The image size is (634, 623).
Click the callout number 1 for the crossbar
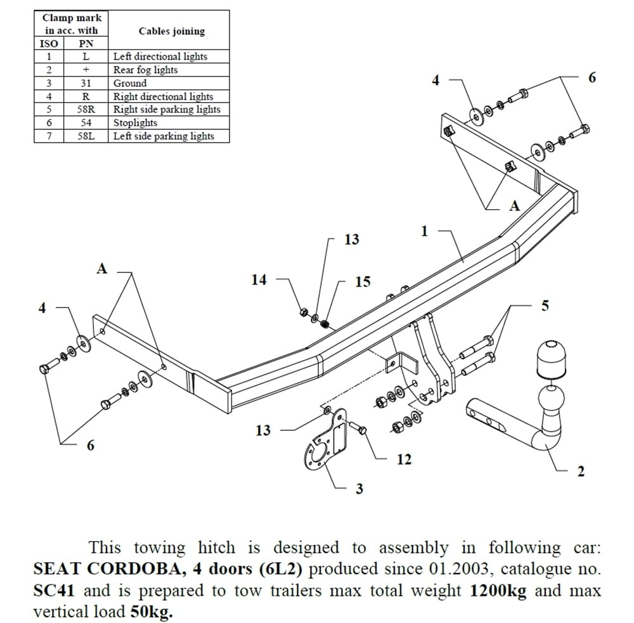(x=424, y=232)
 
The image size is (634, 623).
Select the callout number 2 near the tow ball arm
(x=580, y=472)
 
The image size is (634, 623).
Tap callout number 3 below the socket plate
(x=359, y=489)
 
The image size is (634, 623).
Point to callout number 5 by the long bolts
(x=545, y=305)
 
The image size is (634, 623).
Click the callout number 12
(x=403, y=459)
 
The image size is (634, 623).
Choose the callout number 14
(x=259, y=279)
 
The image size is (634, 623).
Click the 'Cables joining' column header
(x=171, y=31)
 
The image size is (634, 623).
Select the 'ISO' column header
(x=49, y=44)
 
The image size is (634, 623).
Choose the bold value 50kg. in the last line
(x=152, y=612)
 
